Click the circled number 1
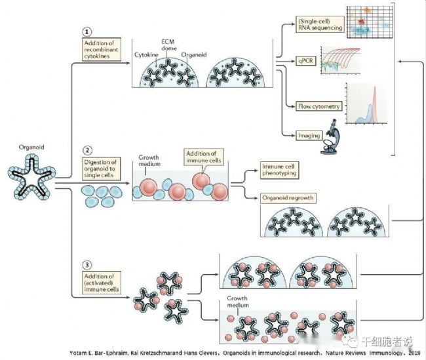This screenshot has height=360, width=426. pos(87,32)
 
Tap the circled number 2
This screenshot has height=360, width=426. pos(87,150)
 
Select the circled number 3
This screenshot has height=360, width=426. pos(87,266)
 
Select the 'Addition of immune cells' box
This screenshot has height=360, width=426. pos(201,157)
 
